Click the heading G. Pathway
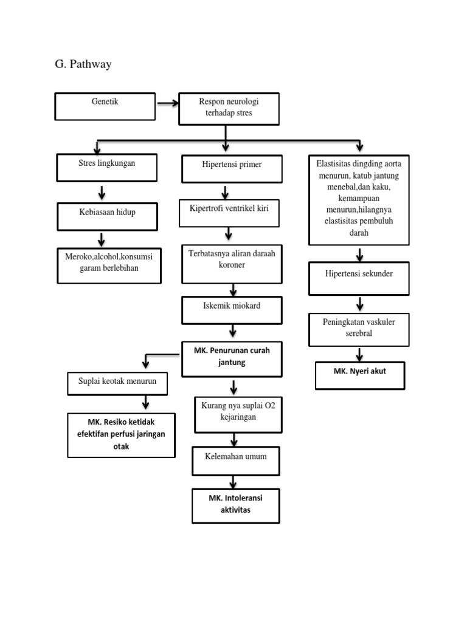[x=83, y=64]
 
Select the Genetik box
[x=106, y=106]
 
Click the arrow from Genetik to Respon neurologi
[x=167, y=103]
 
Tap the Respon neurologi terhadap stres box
[x=228, y=109]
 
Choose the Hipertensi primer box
[x=232, y=168]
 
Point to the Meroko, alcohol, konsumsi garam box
[x=109, y=265]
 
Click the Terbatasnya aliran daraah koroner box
[x=231, y=263]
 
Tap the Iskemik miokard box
[x=231, y=310]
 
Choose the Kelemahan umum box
[x=236, y=460]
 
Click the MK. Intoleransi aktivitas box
[x=235, y=505]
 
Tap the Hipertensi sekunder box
[x=359, y=278]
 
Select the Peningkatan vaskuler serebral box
[x=359, y=329]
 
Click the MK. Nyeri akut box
[x=360, y=375]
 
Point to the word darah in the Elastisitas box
[x=359, y=233]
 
